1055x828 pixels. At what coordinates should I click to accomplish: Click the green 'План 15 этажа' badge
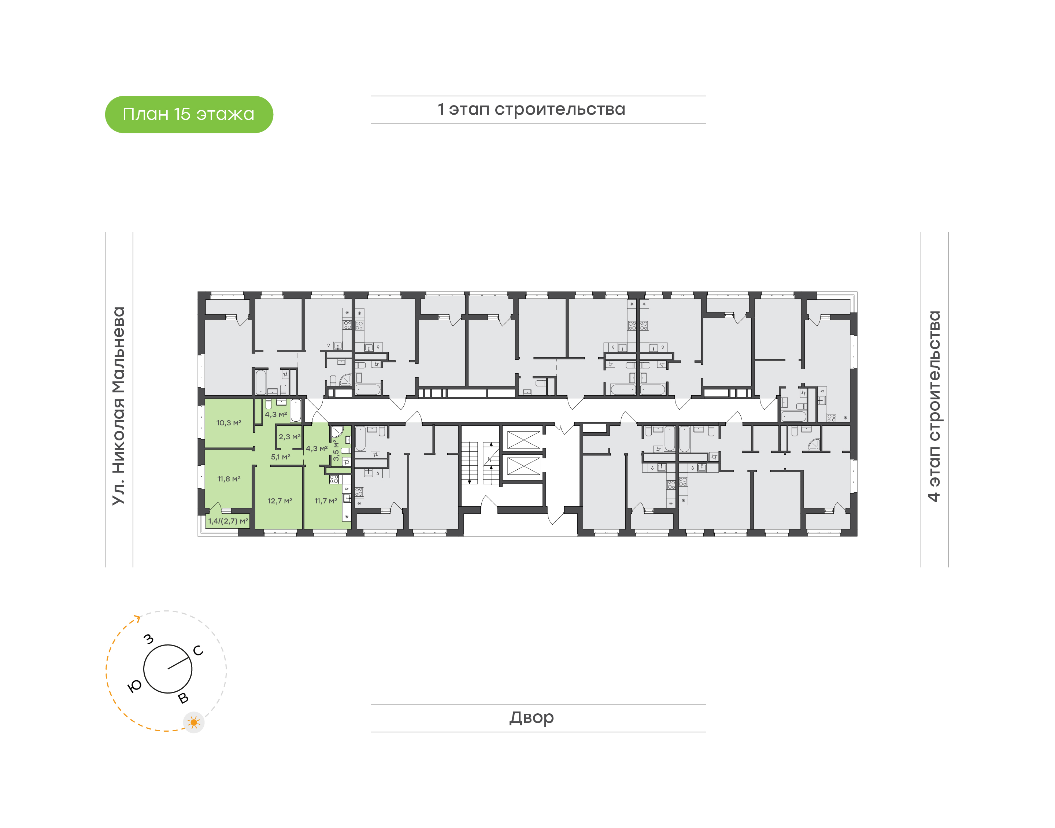coord(189,114)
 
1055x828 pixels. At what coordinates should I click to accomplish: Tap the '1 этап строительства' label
coord(531,110)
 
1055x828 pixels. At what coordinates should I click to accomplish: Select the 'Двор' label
coord(531,717)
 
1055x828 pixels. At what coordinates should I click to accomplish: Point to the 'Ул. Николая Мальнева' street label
coord(119,406)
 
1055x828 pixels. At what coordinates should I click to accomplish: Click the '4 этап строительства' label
coord(934,406)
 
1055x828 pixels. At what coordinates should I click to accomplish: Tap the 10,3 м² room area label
coord(229,423)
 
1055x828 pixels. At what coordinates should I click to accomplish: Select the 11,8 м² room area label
coord(229,479)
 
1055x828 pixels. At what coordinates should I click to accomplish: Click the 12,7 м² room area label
coord(280,501)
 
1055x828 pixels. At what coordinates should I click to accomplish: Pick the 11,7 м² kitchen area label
coord(326,501)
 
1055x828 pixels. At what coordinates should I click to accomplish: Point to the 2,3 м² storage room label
coord(289,437)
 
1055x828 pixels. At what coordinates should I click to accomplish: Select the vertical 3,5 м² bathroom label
coord(336,450)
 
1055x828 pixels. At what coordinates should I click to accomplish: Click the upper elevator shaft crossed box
coord(523,440)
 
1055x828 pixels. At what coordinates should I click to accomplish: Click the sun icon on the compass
coord(194,723)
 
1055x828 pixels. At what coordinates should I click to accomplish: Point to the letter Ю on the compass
coord(135,685)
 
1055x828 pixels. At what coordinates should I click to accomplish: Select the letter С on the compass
coord(198,651)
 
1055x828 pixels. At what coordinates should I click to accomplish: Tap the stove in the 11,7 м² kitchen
coord(334,480)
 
